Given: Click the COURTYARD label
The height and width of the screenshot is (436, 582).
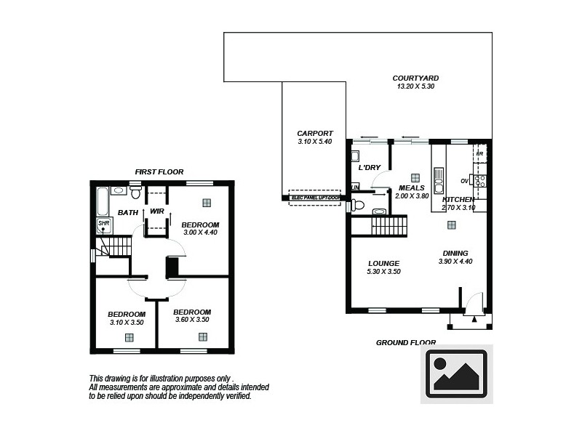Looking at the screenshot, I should pos(415,78).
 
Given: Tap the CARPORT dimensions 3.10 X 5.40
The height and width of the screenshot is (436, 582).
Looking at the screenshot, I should pos(315,142).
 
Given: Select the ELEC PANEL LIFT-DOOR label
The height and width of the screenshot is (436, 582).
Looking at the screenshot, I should pos(315,198).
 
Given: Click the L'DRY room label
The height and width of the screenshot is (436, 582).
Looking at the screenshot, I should pos(370,168).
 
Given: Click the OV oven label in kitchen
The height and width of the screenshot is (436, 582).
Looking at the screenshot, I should pos(464,181).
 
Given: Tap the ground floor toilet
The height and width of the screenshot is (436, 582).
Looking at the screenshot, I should pos(357,205).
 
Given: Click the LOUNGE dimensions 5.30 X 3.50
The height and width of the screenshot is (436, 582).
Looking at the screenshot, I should pos(384,272).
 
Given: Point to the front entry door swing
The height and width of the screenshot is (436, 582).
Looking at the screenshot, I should pos(474,301).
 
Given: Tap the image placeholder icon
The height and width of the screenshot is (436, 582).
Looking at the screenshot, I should pos(456,374).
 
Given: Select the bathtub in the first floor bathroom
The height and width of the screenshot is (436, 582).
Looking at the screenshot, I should pos(101,199).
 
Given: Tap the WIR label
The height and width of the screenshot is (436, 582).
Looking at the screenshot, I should pos(156,211).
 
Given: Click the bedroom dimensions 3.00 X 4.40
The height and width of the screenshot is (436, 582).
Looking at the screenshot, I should pos(200,233).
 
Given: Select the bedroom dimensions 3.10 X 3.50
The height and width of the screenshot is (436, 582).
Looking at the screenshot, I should pos(127,322).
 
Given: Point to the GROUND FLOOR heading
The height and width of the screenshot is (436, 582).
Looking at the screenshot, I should pos(406,342).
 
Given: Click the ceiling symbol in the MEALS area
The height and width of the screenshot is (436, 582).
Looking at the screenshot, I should pos(415,177).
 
